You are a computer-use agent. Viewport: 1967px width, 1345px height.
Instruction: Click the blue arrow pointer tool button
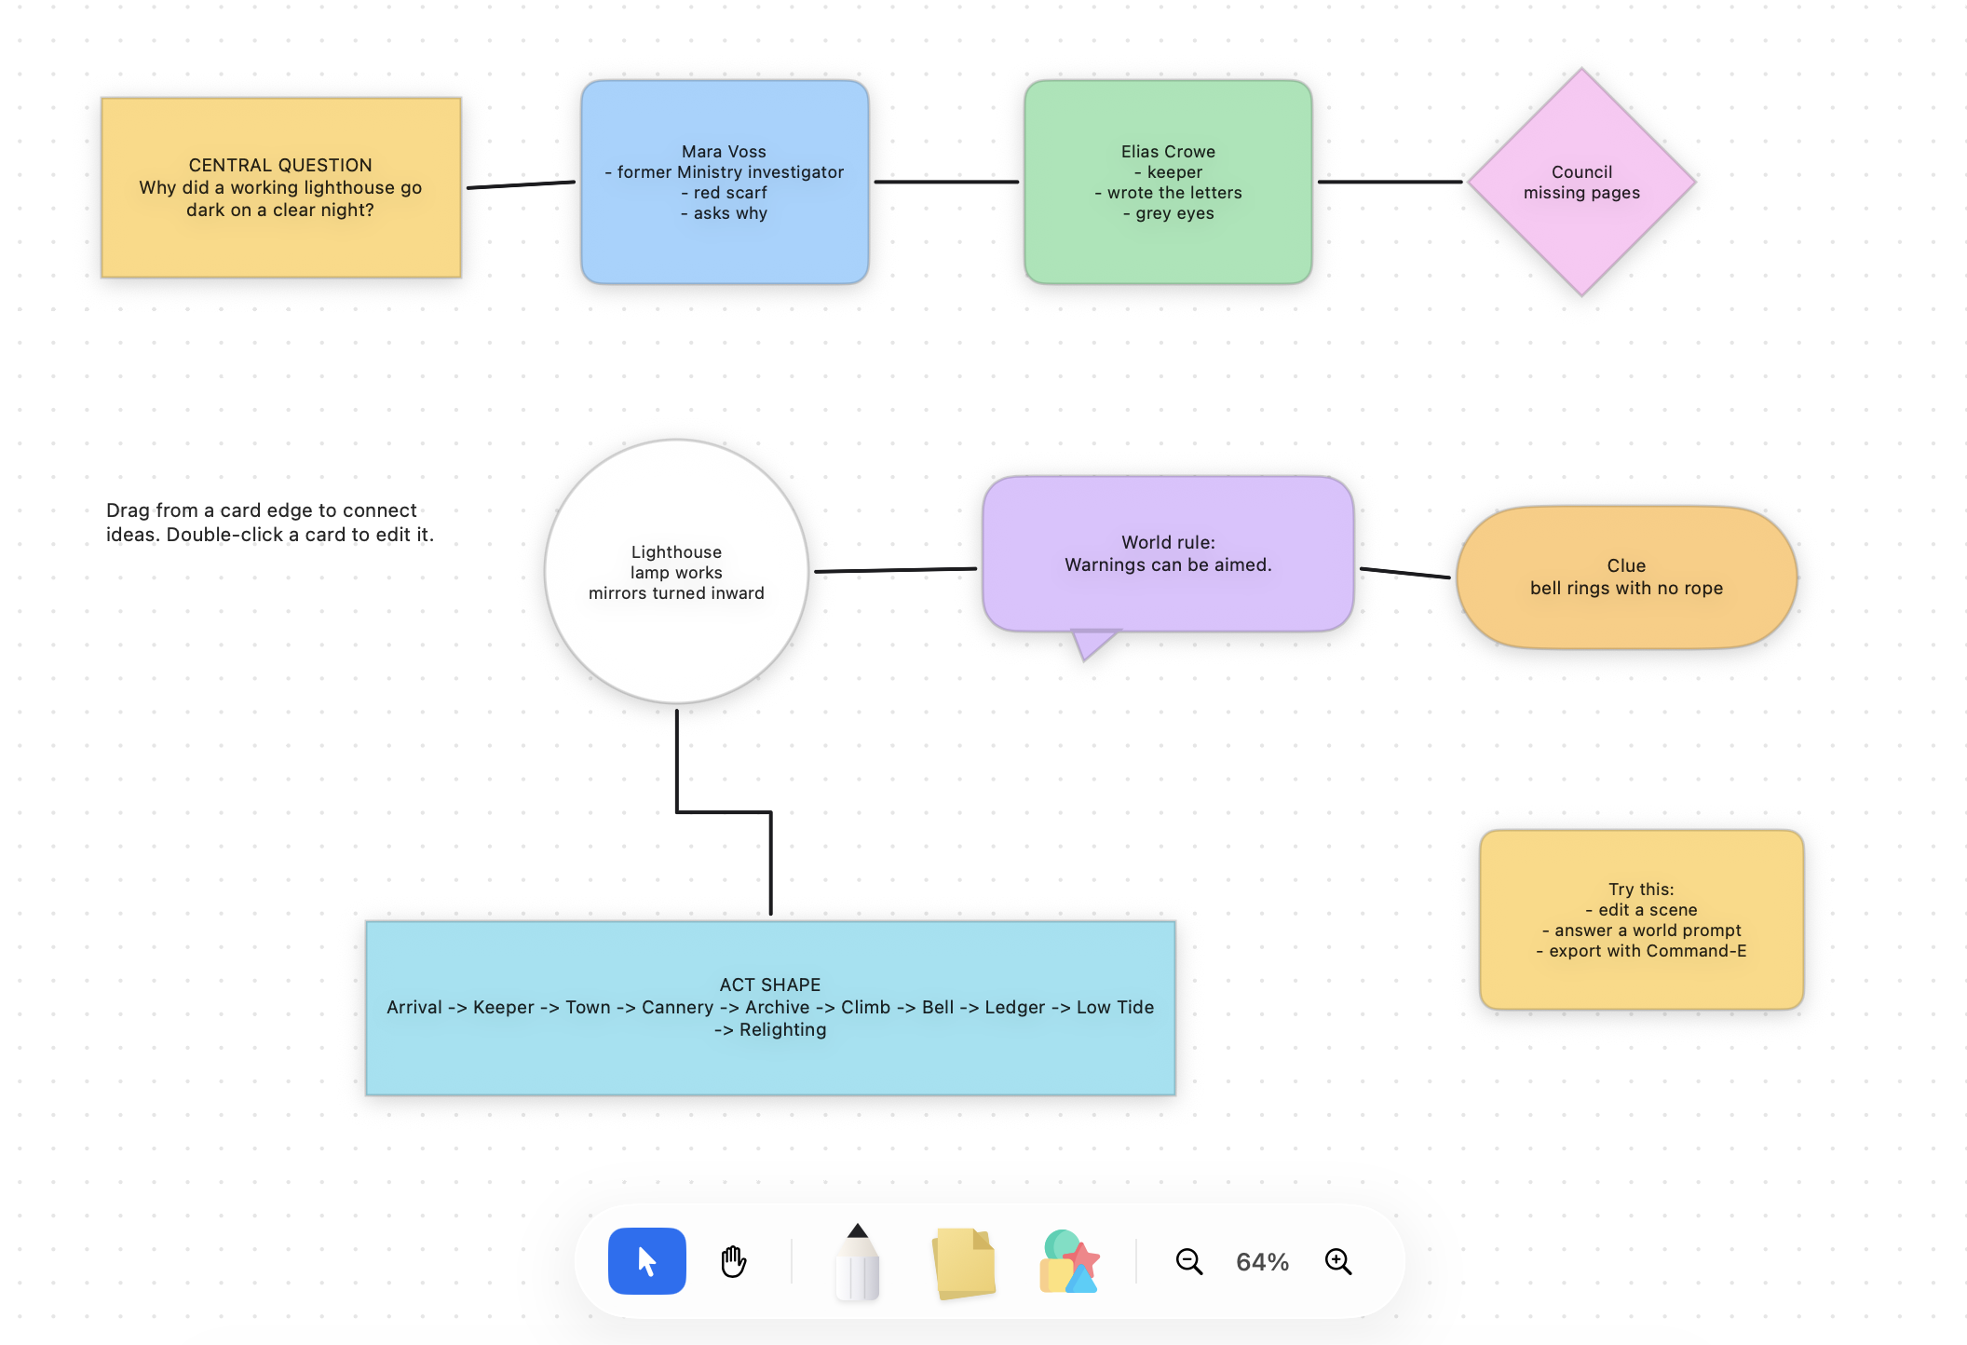(x=646, y=1261)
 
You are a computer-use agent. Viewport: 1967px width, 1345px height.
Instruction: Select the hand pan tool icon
(x=734, y=1261)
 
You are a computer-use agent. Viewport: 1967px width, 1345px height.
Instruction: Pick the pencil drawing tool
(x=858, y=1262)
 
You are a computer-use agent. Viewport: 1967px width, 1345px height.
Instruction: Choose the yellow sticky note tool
(x=964, y=1262)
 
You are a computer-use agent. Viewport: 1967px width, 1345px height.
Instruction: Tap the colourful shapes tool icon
(x=1070, y=1261)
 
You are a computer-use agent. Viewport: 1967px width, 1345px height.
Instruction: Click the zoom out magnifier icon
(x=1189, y=1262)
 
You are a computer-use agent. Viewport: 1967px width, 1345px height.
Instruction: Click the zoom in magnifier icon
(x=1338, y=1262)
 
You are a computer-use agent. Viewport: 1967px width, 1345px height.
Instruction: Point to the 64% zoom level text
(x=1262, y=1262)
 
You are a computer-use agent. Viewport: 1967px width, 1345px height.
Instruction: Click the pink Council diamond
(x=1581, y=183)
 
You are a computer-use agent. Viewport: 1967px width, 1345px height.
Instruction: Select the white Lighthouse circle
(x=676, y=572)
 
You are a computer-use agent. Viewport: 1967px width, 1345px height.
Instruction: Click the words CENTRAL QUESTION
(x=280, y=165)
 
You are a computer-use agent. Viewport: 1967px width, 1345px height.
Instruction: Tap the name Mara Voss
(x=724, y=152)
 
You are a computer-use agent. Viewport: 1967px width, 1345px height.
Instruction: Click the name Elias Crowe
(x=1168, y=152)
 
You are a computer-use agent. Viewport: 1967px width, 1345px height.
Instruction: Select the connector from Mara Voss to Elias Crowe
(x=946, y=182)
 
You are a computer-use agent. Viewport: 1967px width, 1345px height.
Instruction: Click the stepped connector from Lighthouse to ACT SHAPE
(x=724, y=812)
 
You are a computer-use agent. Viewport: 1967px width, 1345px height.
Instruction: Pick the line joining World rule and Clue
(x=1405, y=573)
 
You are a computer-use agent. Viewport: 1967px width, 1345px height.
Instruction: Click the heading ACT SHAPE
(x=770, y=985)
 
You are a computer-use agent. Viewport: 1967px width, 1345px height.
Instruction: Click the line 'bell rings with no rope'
(x=1626, y=588)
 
